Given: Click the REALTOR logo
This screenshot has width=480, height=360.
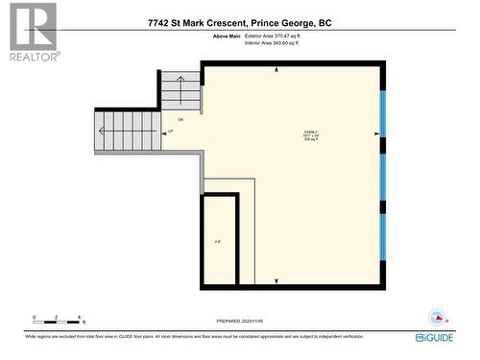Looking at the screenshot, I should (x=32, y=32).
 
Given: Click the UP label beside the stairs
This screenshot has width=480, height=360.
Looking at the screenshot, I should (x=171, y=132).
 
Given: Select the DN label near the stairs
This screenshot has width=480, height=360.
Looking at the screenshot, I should (x=180, y=119).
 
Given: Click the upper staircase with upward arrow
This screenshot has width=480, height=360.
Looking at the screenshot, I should (x=180, y=90).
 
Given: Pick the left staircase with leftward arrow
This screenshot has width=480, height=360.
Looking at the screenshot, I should (x=129, y=131).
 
